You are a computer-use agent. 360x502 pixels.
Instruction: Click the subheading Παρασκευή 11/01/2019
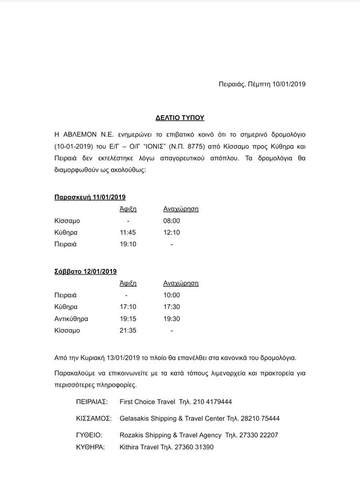point(90,197)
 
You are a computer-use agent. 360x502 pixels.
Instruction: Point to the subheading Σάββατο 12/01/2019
point(86,271)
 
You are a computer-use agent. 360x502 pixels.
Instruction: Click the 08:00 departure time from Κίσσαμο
point(172,221)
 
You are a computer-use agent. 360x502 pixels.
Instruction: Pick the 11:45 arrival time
point(128,232)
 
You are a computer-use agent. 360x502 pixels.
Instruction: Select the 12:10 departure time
point(172,232)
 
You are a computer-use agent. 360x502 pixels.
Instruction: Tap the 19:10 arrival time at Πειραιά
point(128,244)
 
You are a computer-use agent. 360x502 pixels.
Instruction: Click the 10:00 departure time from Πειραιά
point(172,295)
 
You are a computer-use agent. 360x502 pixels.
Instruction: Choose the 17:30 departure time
point(172,307)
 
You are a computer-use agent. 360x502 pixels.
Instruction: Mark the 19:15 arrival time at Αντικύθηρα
point(128,318)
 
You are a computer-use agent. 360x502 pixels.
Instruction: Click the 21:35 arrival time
point(128,330)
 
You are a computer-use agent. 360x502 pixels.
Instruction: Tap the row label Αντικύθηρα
point(71,318)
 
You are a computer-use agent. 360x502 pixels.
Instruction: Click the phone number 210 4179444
point(210,402)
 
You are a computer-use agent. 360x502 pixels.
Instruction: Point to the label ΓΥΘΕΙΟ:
point(89,435)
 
